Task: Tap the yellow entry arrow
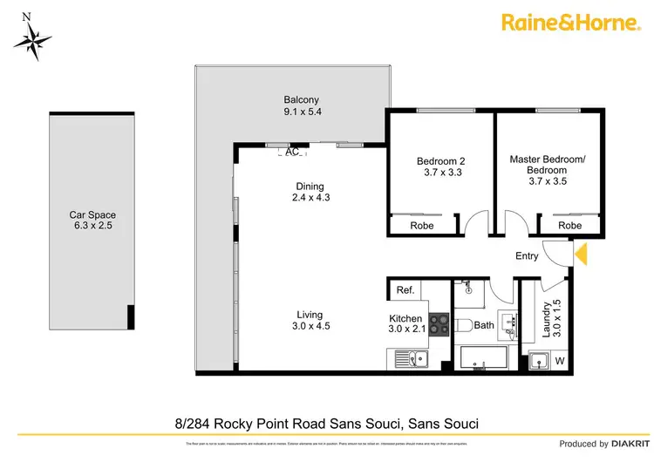pos(582,254)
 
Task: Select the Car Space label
pos(92,214)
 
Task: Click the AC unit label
pos(292,151)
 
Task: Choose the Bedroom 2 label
pos(440,160)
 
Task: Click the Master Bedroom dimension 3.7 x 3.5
pos(548,182)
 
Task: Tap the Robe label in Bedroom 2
pos(423,225)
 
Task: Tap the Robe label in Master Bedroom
pos(569,225)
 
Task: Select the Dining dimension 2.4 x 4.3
pos(310,197)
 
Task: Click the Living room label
pos(310,315)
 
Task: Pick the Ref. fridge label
pos(405,290)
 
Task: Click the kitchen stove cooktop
pos(438,326)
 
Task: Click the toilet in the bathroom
pos(464,325)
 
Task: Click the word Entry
pos(527,255)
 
